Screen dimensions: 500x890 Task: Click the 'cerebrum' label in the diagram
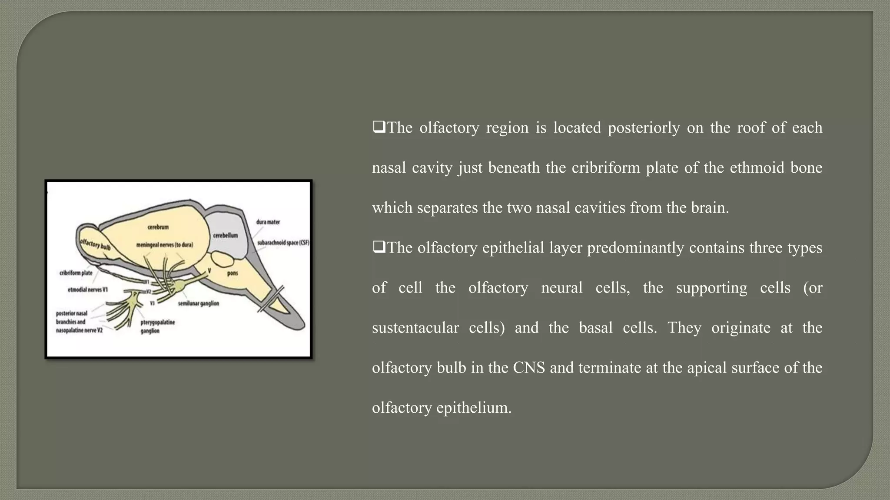(158, 227)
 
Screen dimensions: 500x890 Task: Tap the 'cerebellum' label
(225, 235)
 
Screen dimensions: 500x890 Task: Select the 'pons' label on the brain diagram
(232, 273)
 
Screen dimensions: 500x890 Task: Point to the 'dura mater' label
(268, 222)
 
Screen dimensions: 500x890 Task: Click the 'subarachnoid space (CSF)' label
(283, 243)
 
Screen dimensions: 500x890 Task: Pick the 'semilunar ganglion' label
(198, 303)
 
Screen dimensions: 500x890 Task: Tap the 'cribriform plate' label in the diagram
(76, 273)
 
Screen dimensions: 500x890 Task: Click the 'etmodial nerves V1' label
(88, 289)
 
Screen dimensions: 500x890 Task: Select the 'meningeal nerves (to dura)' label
(164, 245)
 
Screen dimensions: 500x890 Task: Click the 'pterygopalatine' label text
(158, 322)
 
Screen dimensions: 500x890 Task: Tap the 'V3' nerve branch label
(152, 303)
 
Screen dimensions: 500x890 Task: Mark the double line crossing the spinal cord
(271, 299)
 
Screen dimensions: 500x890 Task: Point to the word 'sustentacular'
(415, 328)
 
